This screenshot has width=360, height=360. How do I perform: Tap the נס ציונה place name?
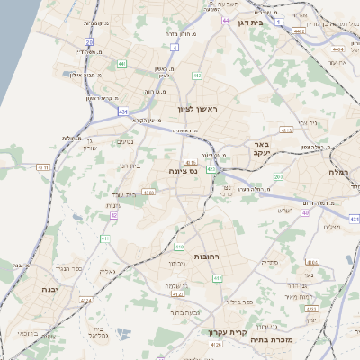[183, 169]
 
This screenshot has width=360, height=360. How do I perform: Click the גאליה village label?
[107, 271]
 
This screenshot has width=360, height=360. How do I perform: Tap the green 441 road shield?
[121, 65]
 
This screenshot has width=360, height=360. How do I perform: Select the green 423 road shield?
[211, 168]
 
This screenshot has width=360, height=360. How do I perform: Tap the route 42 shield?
[113, 216]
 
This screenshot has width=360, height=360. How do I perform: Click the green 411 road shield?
[105, 238]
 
